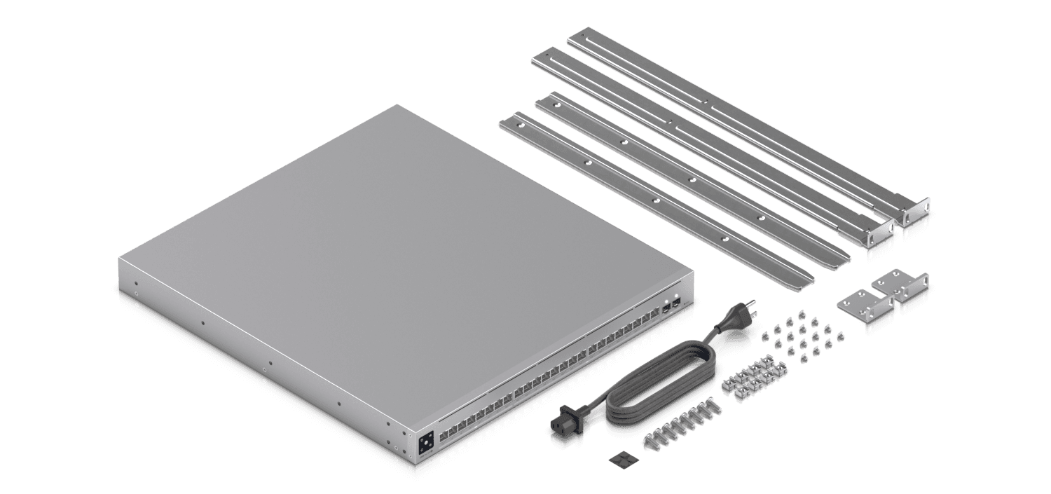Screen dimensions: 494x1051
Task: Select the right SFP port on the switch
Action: (676, 303)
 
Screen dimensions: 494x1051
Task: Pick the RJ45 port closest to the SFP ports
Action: (653, 315)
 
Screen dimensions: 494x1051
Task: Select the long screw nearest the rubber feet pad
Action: (649, 441)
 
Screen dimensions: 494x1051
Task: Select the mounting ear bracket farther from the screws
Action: (903, 284)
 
